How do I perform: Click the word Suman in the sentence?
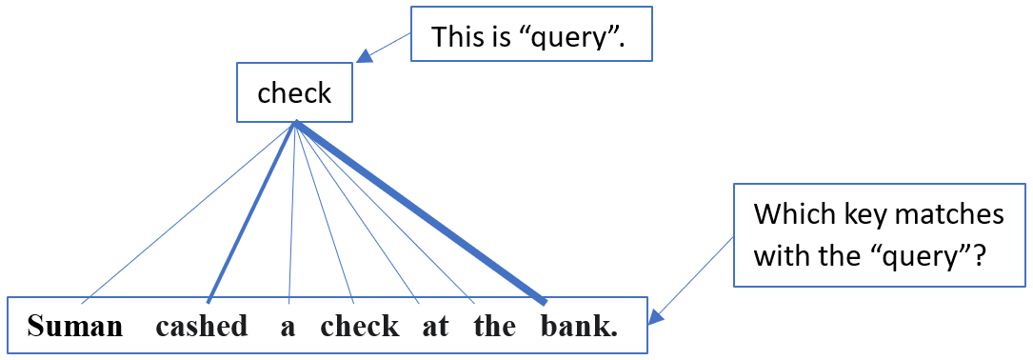[x=75, y=327]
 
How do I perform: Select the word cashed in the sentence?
[x=202, y=327]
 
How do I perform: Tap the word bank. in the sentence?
[x=579, y=327]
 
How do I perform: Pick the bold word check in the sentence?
[x=360, y=327]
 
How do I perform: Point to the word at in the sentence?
[x=435, y=327]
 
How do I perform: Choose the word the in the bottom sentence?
[x=494, y=327]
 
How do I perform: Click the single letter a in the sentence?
[x=288, y=327]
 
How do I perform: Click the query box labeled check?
[x=295, y=94]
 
